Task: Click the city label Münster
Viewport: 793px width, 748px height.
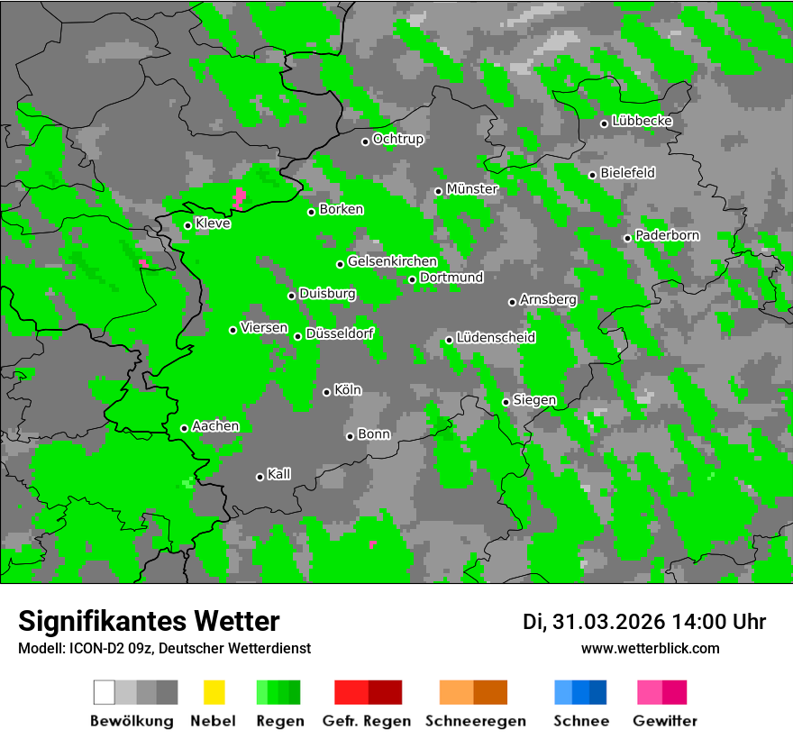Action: (x=471, y=189)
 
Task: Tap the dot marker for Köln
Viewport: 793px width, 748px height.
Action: (x=326, y=392)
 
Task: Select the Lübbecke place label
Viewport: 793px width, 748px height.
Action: (x=642, y=122)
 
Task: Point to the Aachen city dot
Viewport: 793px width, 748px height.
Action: (x=184, y=428)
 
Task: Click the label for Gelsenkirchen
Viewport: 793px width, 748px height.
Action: (x=392, y=262)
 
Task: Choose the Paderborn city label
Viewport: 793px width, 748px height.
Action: (x=667, y=236)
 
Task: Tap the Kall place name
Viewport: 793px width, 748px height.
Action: (x=278, y=474)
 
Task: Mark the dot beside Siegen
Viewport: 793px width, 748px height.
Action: (x=506, y=402)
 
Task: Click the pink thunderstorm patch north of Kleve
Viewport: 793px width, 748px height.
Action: (x=239, y=196)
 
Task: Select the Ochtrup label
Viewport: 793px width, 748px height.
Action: (x=397, y=140)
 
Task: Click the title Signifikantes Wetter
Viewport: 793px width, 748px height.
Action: (x=149, y=621)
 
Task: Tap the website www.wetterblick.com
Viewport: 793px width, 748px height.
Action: (x=650, y=649)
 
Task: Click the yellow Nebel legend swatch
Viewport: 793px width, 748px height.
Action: (x=214, y=692)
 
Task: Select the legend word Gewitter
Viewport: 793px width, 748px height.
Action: (x=665, y=721)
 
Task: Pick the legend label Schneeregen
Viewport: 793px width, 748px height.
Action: (x=473, y=721)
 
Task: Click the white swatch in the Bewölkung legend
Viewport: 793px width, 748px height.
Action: (x=105, y=692)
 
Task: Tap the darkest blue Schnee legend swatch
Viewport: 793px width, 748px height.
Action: (x=598, y=692)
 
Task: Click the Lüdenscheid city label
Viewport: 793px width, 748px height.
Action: (x=496, y=338)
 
